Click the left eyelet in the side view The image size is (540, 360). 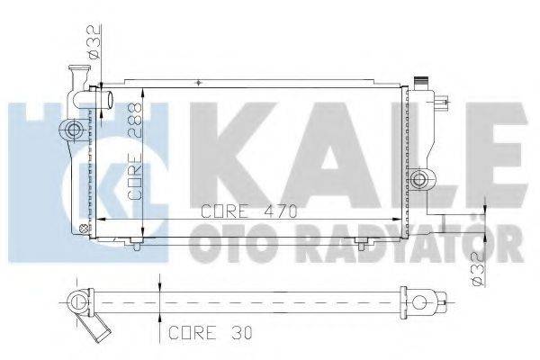click(x=78, y=300)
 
